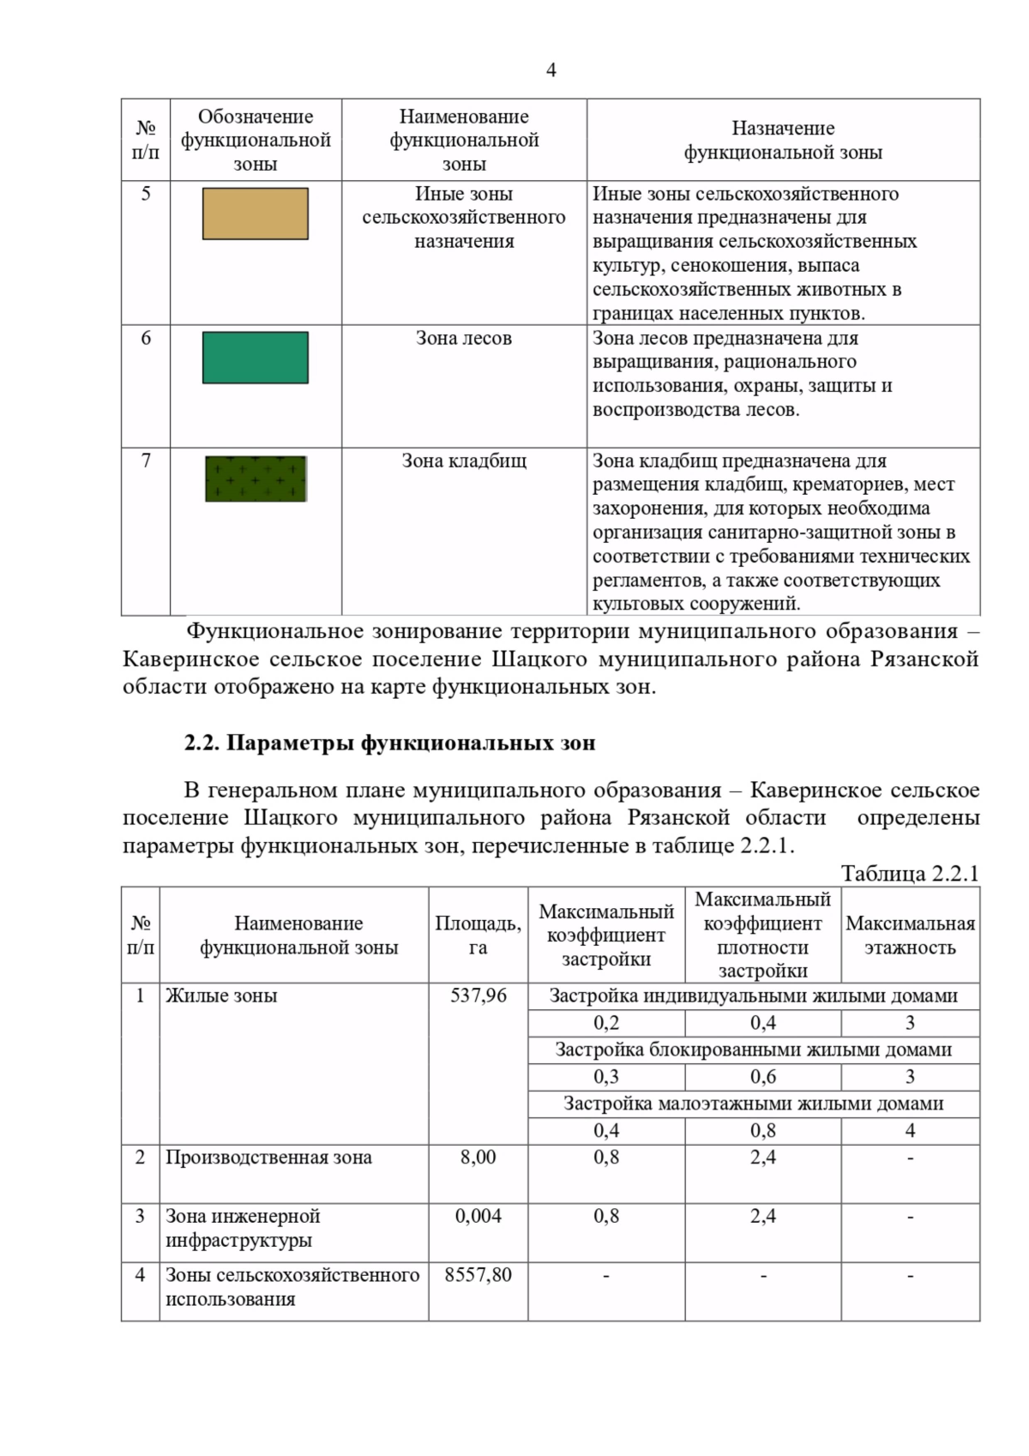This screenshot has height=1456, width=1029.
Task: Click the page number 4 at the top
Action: pyautogui.click(x=551, y=70)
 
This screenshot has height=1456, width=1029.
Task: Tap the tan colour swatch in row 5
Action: pyautogui.click(x=255, y=214)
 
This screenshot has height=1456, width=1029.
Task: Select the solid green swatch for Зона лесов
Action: pyautogui.click(x=255, y=358)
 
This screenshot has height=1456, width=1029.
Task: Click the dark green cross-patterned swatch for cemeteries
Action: pyautogui.click(x=256, y=478)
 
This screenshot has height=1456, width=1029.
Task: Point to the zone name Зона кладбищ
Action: pyautogui.click(x=464, y=461)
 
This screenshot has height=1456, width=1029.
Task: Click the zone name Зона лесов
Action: pyautogui.click(x=464, y=339)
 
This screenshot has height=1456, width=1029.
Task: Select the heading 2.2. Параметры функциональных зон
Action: pyautogui.click(x=389, y=743)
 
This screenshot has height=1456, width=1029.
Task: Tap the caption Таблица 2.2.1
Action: pyautogui.click(x=909, y=874)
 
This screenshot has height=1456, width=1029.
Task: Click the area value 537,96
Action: pyautogui.click(x=478, y=996)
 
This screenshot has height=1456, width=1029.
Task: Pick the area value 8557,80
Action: pyautogui.click(x=478, y=1275)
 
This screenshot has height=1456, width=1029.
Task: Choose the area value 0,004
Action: pyautogui.click(x=478, y=1216)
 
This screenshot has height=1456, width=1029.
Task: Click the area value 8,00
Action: pyautogui.click(x=478, y=1158)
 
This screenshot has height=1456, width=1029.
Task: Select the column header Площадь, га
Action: pyautogui.click(x=478, y=936)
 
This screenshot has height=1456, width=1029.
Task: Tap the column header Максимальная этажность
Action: pyautogui.click(x=910, y=936)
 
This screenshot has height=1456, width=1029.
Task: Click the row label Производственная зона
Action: pyautogui.click(x=268, y=1158)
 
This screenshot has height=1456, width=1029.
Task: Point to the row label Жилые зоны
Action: pyautogui.click(x=221, y=996)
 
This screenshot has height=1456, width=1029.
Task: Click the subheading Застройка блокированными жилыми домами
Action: pyautogui.click(x=753, y=1050)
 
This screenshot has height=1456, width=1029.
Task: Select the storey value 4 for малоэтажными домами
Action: pyautogui.click(x=910, y=1131)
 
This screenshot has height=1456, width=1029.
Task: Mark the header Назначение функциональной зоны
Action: pyautogui.click(x=783, y=141)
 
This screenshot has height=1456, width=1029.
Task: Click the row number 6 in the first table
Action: pyautogui.click(x=146, y=339)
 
